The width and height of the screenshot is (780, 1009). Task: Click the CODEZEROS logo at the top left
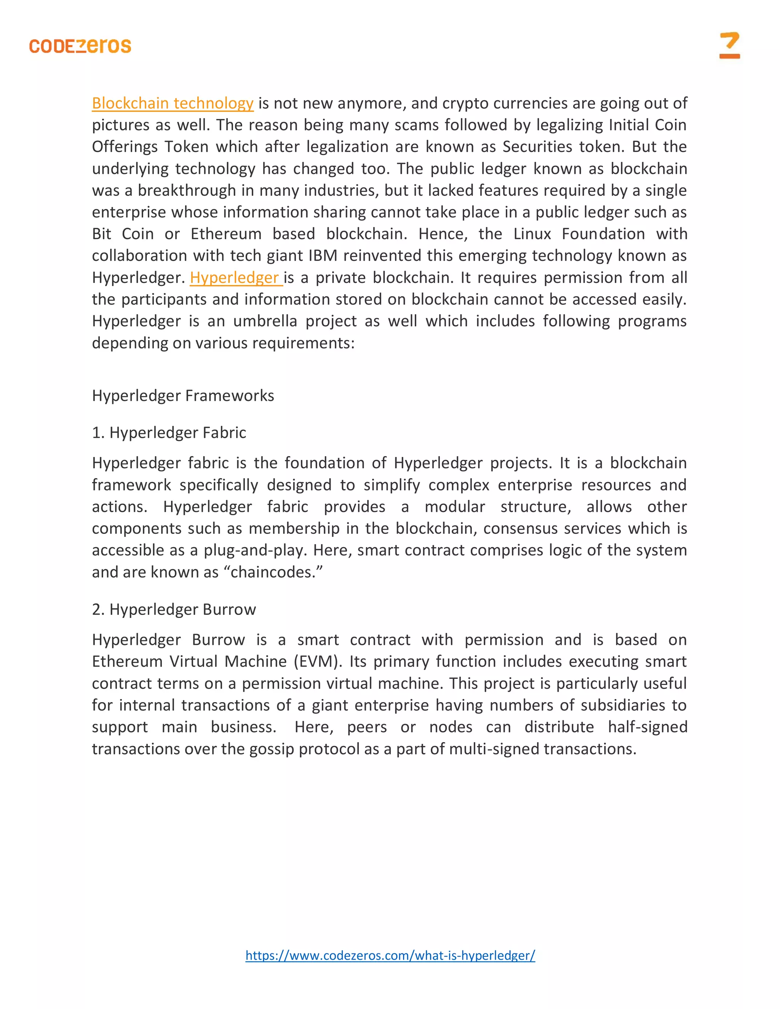80,46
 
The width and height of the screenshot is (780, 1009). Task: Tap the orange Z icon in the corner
729,45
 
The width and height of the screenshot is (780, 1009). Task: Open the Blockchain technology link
173,103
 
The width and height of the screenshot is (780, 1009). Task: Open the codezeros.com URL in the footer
390,955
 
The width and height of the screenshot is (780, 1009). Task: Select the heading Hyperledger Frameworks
183,396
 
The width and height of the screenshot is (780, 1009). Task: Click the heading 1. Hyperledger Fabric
169,433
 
